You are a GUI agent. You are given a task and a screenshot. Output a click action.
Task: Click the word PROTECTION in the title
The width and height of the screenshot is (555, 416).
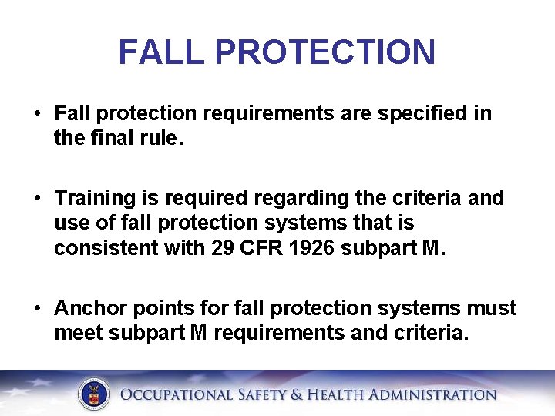pyautogui.click(x=325, y=52)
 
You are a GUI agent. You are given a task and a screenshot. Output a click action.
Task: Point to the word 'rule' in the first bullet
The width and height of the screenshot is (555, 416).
pyautogui.click(x=160, y=139)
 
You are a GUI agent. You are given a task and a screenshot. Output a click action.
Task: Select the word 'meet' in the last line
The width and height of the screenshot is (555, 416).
pyautogui.click(x=79, y=334)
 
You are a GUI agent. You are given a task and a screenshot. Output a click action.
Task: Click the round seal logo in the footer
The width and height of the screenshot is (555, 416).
pyautogui.click(x=95, y=394)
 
